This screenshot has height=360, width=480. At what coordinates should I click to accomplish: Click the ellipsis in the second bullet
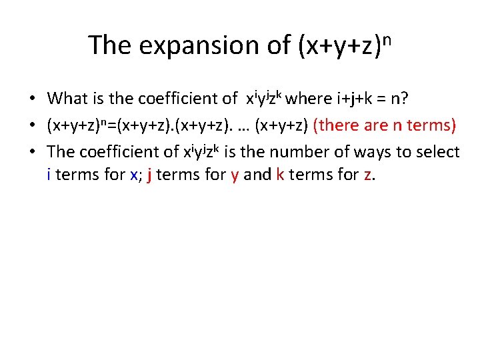coord(241,126)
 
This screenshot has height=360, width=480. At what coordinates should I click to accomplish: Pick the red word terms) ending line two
coord(431,125)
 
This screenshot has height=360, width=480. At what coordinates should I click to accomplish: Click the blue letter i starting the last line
coord(49,176)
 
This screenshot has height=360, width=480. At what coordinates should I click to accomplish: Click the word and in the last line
coord(256,176)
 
